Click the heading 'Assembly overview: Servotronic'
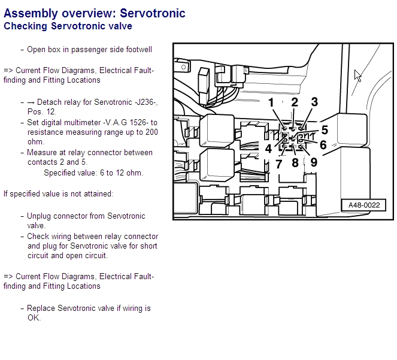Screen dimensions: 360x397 tap(95, 13)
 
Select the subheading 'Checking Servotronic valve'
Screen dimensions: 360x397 tap(68, 26)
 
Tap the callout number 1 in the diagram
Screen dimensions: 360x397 tap(271, 102)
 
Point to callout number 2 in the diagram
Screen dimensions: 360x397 tap(295, 102)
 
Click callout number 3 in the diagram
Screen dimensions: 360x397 tap(314, 102)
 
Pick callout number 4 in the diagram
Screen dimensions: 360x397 tap(269, 147)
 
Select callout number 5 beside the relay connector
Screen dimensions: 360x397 tap(324, 130)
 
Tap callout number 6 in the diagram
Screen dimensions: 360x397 tap(323, 145)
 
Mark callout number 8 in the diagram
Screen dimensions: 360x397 tap(295, 162)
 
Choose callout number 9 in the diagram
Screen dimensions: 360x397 tap(314, 162)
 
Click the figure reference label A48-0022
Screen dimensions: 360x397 tap(363, 205)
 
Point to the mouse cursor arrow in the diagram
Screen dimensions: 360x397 tap(357, 75)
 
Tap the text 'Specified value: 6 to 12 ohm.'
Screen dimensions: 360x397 tap(93, 173)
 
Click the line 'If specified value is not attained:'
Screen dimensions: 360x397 tap(58, 193)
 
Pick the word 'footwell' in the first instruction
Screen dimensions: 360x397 tap(137, 50)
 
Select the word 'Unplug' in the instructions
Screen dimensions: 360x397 tap(39, 216)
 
